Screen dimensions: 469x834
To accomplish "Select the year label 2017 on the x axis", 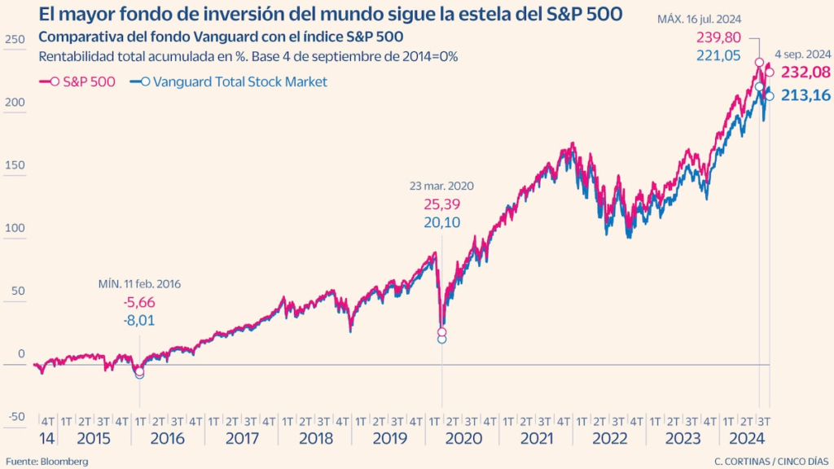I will pyautogui.click(x=241, y=437).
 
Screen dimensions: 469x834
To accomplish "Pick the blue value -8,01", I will pyautogui.click(x=139, y=320).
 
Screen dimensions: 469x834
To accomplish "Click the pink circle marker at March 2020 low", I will pyautogui.click(x=442, y=332).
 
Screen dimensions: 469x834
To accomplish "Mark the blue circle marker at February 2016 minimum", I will pyautogui.click(x=139, y=374).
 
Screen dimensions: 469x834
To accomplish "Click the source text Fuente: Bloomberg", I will pyautogui.click(x=46, y=461).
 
